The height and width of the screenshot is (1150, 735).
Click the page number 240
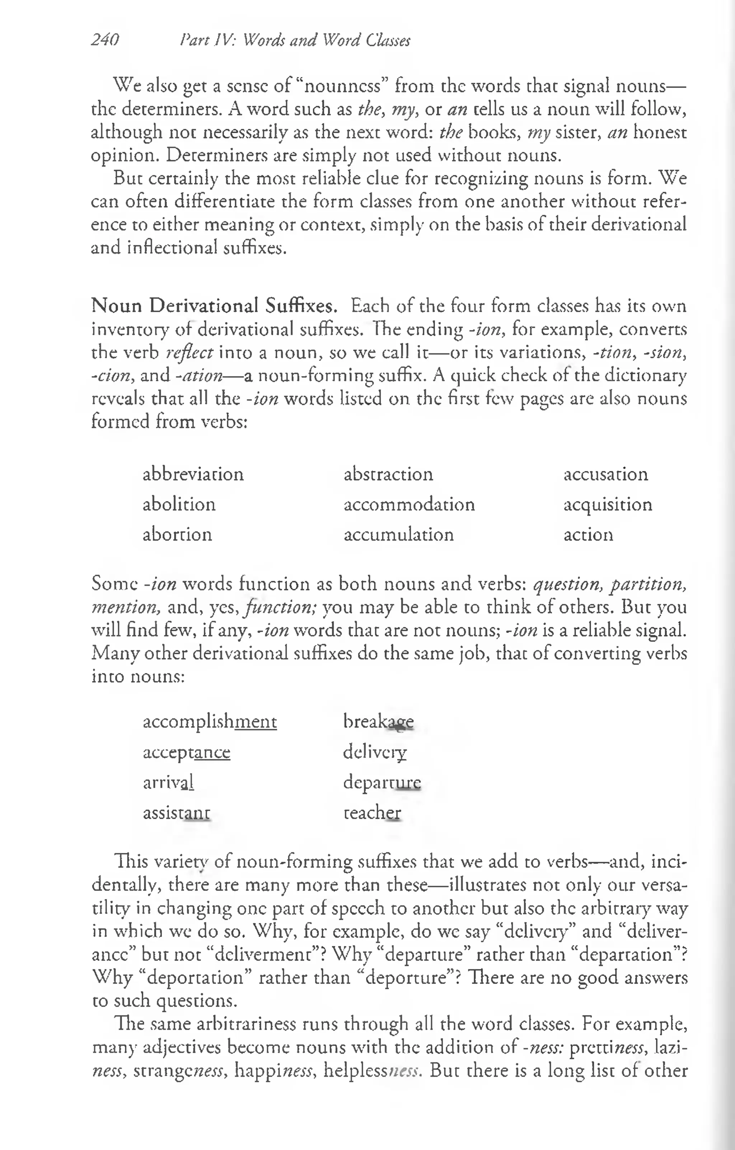tap(105, 40)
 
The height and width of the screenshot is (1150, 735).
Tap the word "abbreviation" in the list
tap(193, 474)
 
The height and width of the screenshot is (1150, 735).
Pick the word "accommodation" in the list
tap(409, 504)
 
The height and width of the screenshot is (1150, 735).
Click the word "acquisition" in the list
tap(607, 504)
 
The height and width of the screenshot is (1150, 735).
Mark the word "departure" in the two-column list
tap(382, 782)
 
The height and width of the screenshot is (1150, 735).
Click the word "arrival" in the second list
tap(168, 782)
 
